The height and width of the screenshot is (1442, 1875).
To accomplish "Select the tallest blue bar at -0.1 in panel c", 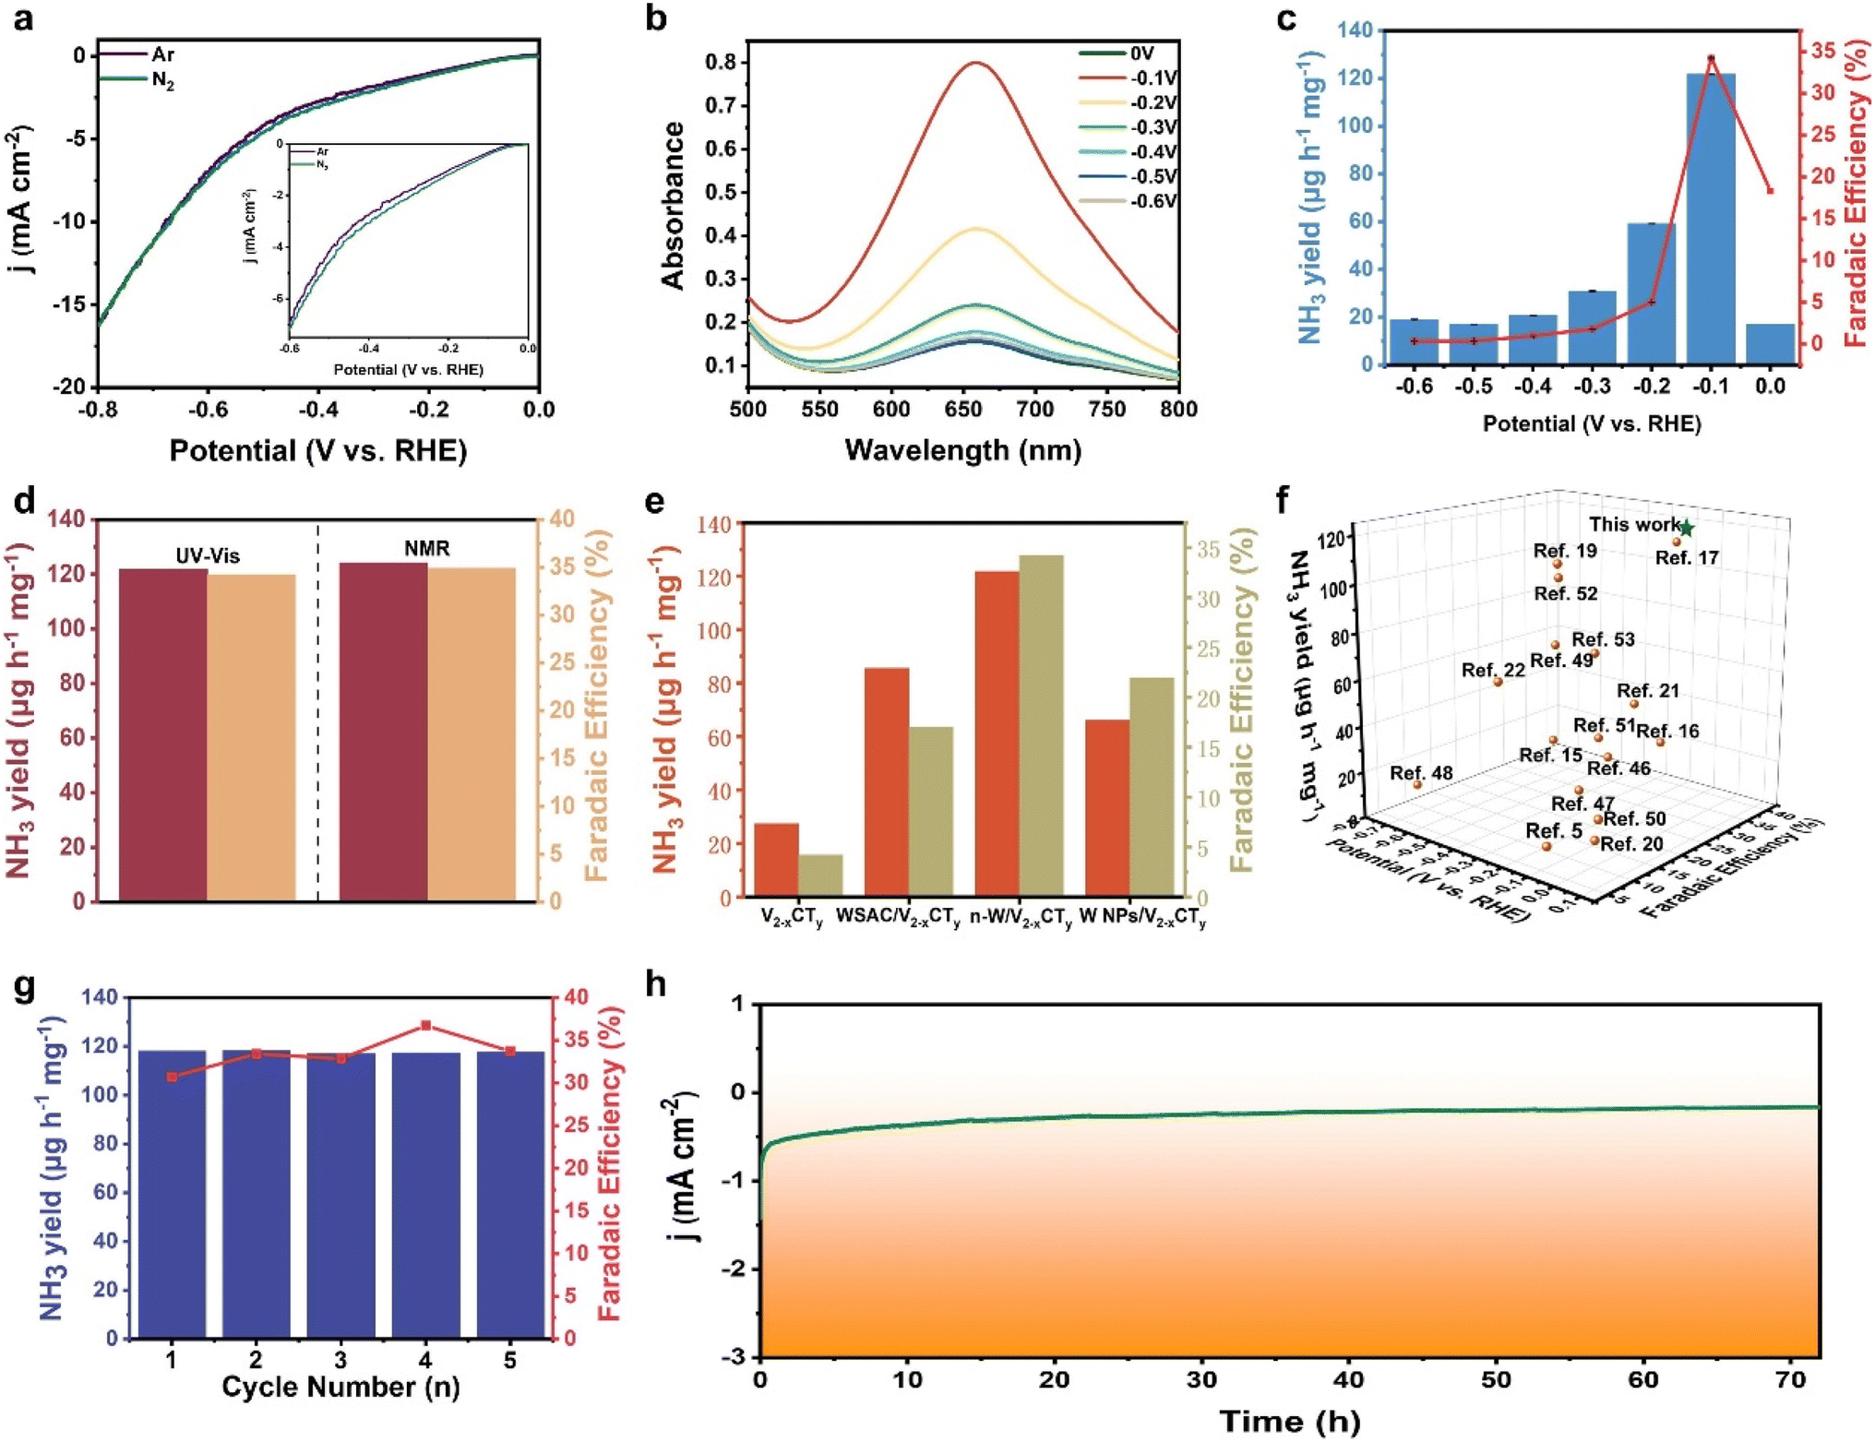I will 1711,219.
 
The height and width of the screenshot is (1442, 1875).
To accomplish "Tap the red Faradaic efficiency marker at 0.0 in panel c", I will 1770,191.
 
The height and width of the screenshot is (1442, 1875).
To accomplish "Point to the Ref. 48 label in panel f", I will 1421,773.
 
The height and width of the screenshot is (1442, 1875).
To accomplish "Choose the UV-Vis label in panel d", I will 208,556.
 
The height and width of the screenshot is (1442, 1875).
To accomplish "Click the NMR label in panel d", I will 426,549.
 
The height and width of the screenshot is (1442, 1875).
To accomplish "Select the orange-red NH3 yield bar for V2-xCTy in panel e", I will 776,860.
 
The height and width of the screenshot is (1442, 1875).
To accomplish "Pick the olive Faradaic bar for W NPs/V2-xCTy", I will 1152,787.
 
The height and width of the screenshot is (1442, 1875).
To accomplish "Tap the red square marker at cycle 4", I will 425,1026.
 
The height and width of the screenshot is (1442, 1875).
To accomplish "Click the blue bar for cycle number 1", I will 172,1194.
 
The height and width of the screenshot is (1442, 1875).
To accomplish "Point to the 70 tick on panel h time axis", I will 1790,1380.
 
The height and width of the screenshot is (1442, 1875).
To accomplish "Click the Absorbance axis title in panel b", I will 674,205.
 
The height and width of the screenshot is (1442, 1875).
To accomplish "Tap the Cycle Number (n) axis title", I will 340,1388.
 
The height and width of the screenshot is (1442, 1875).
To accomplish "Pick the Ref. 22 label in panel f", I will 1492,671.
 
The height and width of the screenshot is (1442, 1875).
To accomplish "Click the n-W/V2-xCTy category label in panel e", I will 1021,918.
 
